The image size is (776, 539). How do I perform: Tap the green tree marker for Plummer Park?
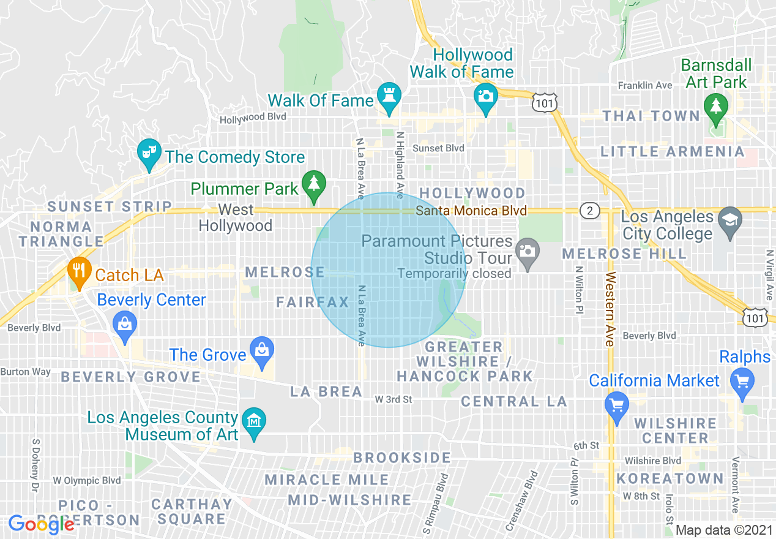coord(313,183)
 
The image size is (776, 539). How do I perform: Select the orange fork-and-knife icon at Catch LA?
coord(77,269)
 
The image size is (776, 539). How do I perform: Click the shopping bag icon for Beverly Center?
coord(125,323)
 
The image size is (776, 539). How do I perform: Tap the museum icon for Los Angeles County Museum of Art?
coord(253,420)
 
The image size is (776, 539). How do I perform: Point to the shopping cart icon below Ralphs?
coord(743,381)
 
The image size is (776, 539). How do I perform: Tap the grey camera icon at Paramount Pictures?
coord(526,251)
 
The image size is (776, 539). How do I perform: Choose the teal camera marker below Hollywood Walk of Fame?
coord(486,96)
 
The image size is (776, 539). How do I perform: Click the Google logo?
coord(41,524)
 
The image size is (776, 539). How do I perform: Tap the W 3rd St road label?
coord(394,399)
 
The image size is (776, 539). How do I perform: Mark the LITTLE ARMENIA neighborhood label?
coord(672,151)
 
